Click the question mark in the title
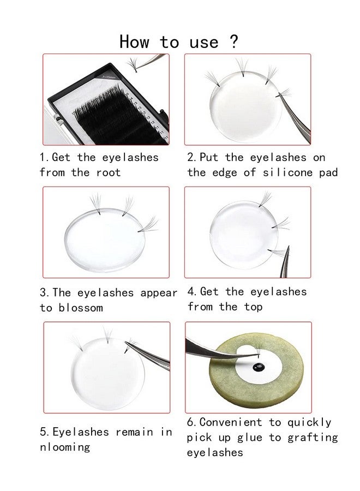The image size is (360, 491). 234,41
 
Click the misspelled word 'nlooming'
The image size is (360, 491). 64,447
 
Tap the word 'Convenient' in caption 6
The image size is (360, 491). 230,422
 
